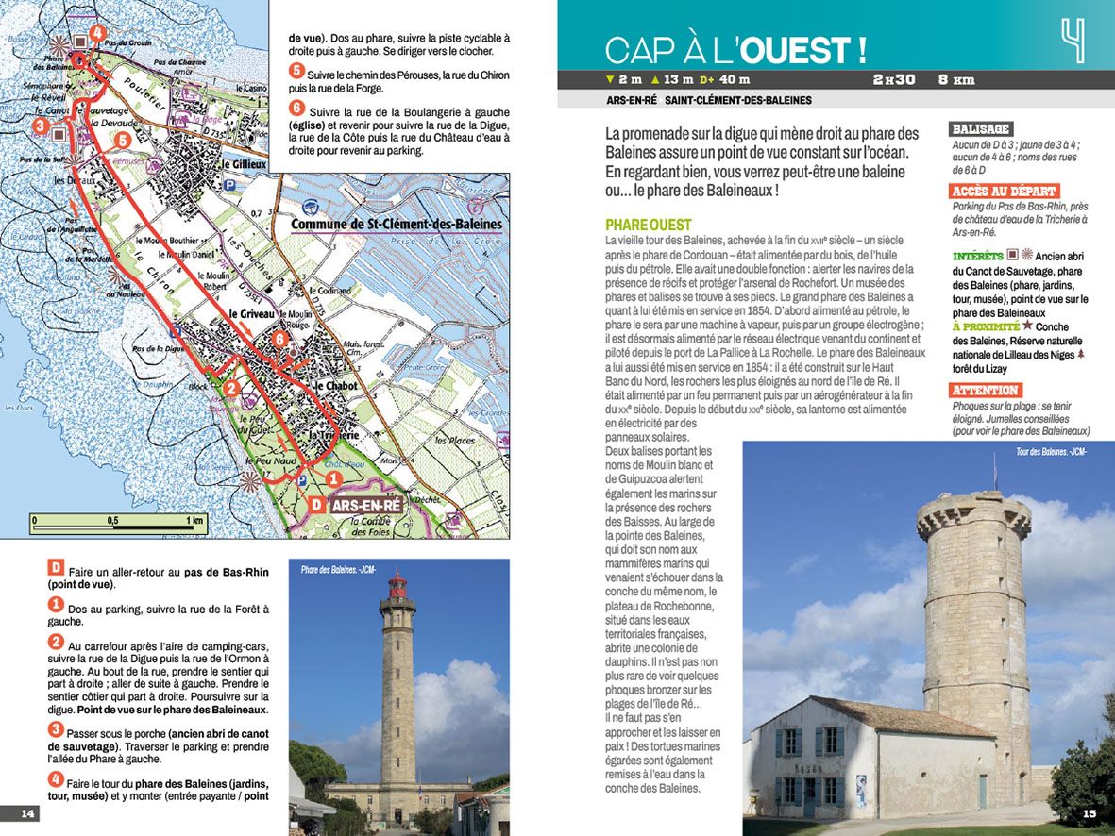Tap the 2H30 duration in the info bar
[x=894, y=80]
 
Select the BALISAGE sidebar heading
[x=981, y=128]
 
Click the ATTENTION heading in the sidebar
[x=985, y=391]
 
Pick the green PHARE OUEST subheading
[x=649, y=226]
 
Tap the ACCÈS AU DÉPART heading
[x=1004, y=192]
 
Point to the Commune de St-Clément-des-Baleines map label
[x=397, y=225]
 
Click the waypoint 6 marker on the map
[x=279, y=339]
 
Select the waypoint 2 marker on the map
[x=231, y=385]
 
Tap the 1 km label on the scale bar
[x=195, y=520]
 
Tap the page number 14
[x=27, y=813]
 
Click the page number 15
[x=1089, y=813]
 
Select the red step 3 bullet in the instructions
[x=56, y=729]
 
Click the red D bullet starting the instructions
[x=56, y=568]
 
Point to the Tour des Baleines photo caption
[x=1051, y=452]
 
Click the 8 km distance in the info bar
[x=955, y=80]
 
